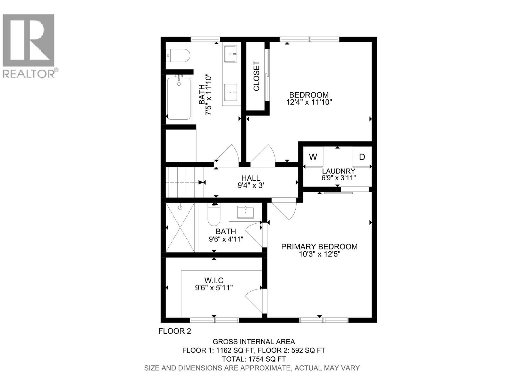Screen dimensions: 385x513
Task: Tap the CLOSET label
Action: click(256, 76)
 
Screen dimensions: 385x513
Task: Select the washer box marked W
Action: click(313, 157)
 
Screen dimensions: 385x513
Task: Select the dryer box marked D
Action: click(362, 157)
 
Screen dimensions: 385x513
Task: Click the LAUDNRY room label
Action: click(339, 171)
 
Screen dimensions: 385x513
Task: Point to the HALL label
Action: click(251, 178)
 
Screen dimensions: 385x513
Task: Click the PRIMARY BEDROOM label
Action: click(319, 246)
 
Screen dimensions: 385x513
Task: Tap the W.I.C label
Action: click(214, 280)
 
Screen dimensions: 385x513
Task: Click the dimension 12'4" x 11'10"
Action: click(309, 102)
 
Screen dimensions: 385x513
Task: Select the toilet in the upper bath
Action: click(178, 56)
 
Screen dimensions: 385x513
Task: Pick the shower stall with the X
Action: click(180, 227)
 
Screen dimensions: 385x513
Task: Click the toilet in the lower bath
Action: click(214, 215)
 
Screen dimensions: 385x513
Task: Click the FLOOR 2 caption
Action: click(175, 331)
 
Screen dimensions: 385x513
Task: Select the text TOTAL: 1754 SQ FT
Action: click(254, 359)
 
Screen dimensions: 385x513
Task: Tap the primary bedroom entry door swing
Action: click(285, 210)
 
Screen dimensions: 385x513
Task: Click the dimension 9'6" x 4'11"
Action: click(226, 239)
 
